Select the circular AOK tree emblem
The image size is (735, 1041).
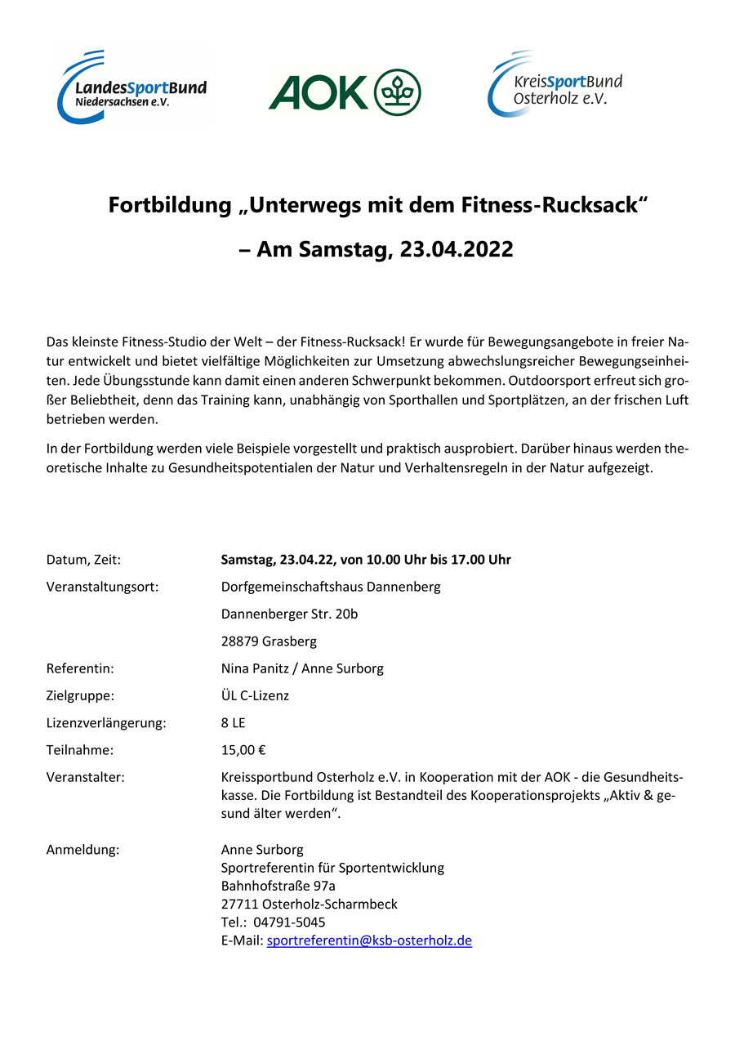tap(398, 92)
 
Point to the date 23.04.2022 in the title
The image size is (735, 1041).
tap(445, 249)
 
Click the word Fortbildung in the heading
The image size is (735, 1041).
tap(169, 204)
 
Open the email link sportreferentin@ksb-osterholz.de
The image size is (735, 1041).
tap(369, 940)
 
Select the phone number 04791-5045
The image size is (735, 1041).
tap(289, 923)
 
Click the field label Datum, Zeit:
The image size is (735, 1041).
tap(84, 560)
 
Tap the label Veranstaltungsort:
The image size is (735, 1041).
tap(102, 587)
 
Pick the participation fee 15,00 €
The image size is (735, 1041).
tap(243, 750)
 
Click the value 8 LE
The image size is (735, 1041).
tap(233, 723)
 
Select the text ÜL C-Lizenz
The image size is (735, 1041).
tap(255, 696)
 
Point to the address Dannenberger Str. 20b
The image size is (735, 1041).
tap(289, 614)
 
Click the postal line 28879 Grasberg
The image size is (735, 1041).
tap(269, 641)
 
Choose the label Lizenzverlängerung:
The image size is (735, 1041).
tap(106, 723)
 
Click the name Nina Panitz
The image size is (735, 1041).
tap(256, 668)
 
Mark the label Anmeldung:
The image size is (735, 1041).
tap(83, 850)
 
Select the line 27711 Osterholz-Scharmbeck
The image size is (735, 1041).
tap(310, 905)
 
